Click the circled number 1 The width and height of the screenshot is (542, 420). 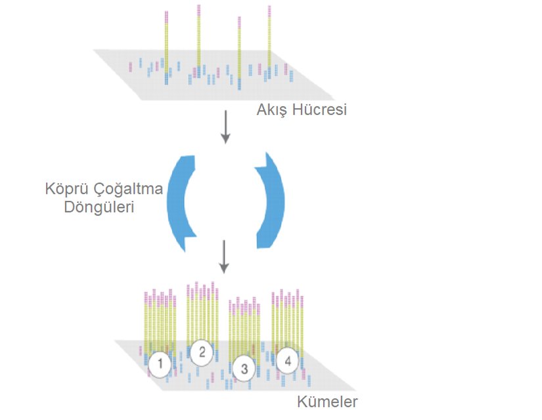[159, 363]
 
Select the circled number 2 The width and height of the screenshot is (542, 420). [202, 352]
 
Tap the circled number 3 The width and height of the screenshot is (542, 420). [244, 368]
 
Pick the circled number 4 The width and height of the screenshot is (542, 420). [287, 360]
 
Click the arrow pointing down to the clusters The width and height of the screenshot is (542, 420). [224, 257]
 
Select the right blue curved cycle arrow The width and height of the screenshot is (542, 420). [272, 200]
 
